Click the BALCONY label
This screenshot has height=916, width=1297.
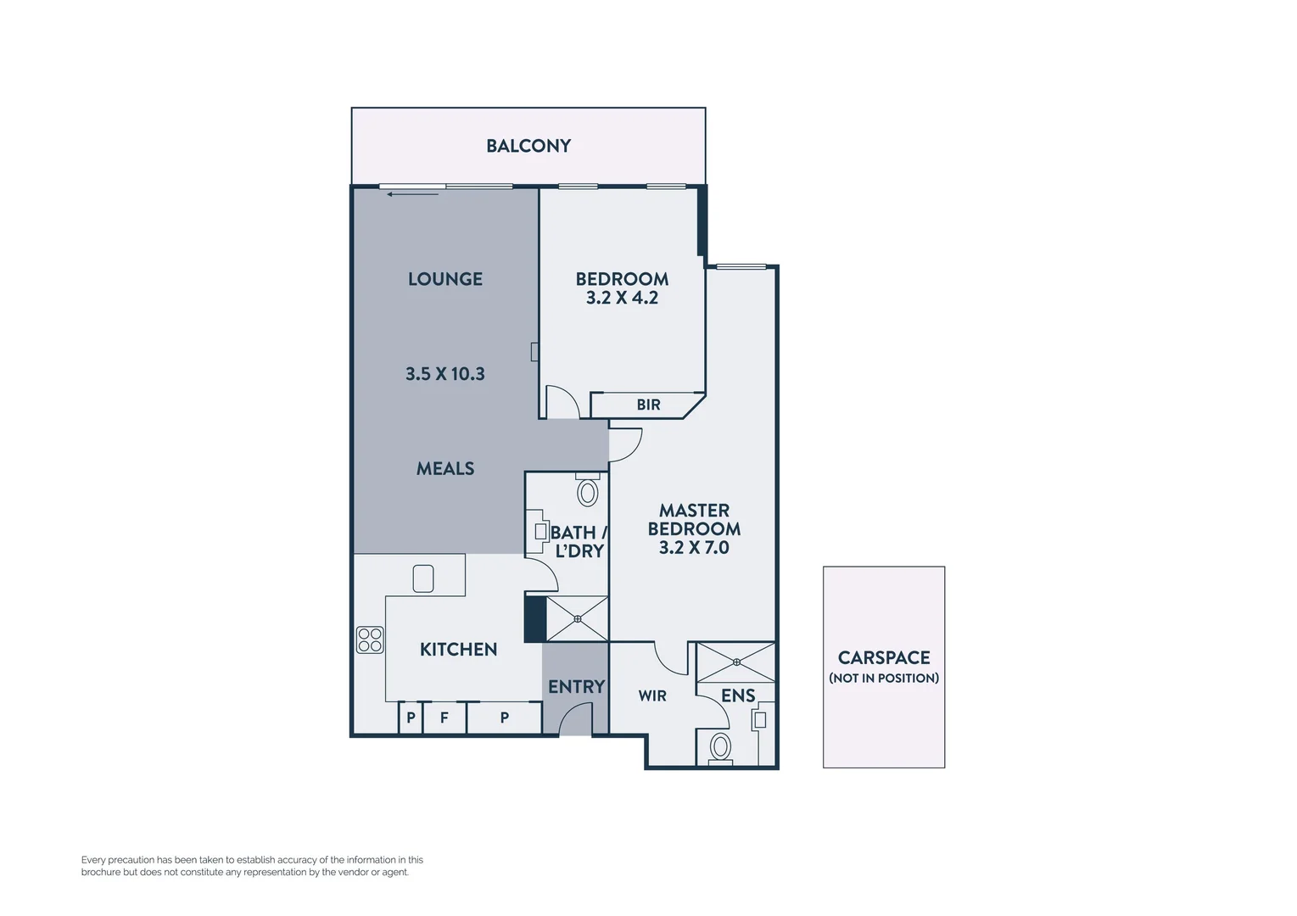pos(528,146)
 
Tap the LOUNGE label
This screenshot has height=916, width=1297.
pos(444,279)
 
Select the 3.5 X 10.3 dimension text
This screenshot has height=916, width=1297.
pos(444,374)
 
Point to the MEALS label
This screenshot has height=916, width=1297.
pos(444,468)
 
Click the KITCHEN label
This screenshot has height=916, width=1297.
pos(458,650)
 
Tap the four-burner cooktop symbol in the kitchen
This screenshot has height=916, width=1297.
pos(370,640)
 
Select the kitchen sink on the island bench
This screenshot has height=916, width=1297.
pos(423,578)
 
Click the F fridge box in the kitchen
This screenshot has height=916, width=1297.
pos(444,718)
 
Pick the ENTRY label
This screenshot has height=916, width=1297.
pos(576,687)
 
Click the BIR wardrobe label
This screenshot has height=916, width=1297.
pos(648,405)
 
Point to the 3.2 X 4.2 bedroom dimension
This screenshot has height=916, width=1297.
pos(622,298)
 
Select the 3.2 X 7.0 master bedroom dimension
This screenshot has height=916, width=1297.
pos(694,548)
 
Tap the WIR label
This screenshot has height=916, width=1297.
pos(651,695)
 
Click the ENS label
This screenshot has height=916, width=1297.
pos(737,695)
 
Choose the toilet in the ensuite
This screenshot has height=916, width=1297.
pos(720,747)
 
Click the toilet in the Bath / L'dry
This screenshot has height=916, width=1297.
pos(587,491)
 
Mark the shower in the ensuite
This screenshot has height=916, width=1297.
pos(736,662)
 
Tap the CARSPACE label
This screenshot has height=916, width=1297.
pos(883,658)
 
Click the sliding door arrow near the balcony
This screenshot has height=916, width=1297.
pos(412,194)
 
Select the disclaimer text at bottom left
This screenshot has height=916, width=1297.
pos(251,866)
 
